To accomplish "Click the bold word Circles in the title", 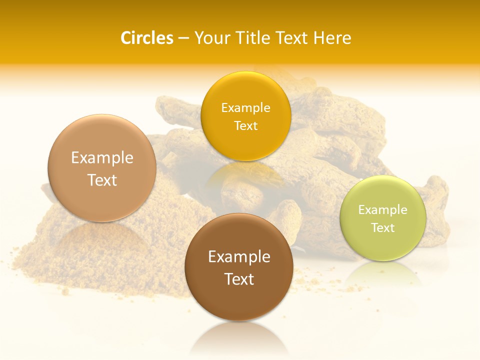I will tap(146, 38).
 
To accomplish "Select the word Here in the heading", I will tap(332, 38).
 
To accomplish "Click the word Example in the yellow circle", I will tap(245, 107).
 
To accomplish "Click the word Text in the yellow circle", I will tap(245, 125).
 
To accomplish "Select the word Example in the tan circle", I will tap(102, 158).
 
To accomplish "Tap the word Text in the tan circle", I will tap(102, 180).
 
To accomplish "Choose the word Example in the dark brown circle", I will tap(239, 257).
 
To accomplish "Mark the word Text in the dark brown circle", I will tap(239, 279).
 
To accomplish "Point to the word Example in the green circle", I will tap(383, 210).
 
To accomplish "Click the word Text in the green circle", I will tap(383, 228).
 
